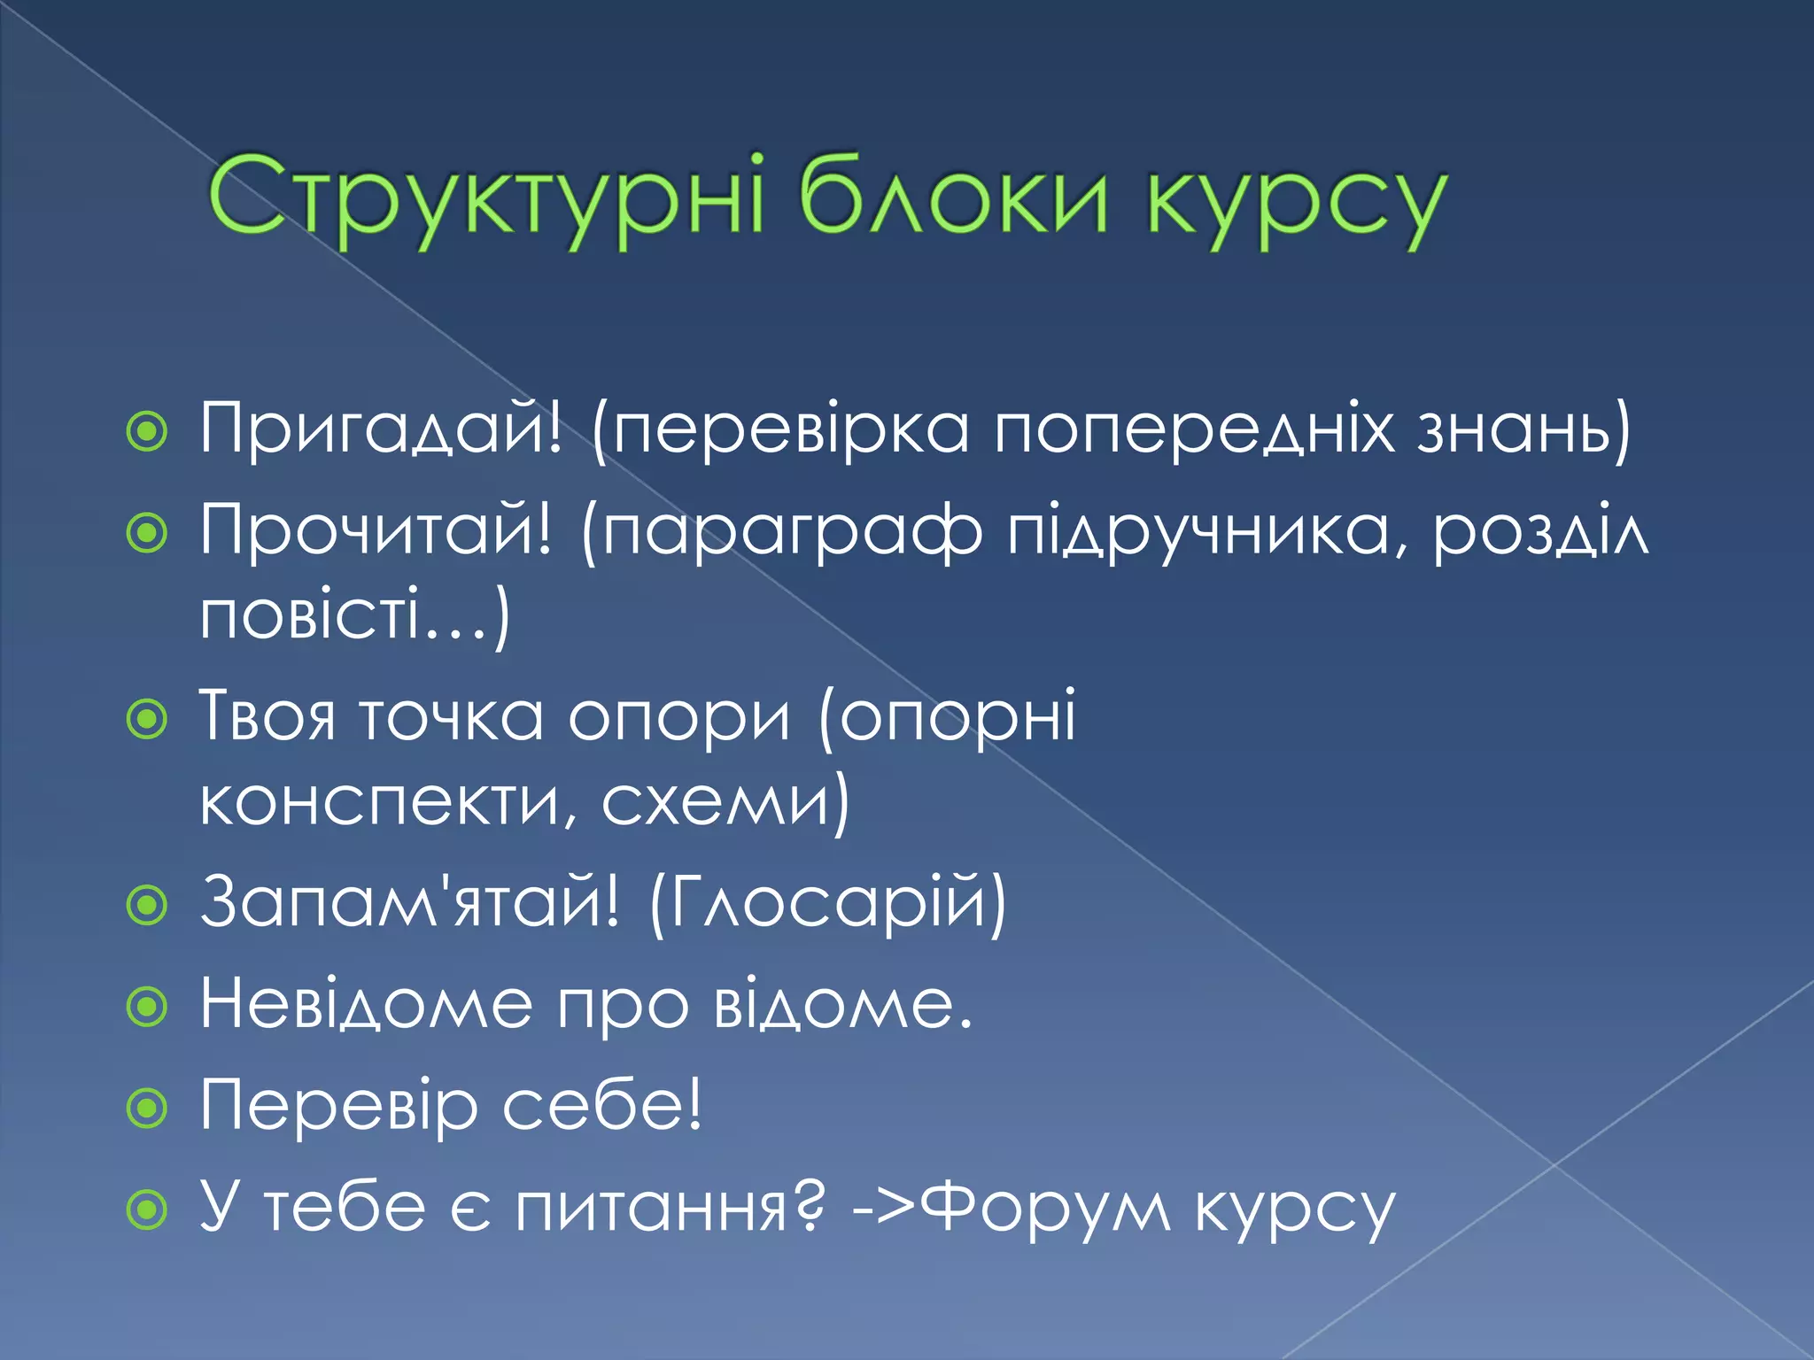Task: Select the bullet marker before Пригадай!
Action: click(147, 432)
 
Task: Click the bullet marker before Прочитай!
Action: click(147, 533)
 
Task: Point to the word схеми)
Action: click(725, 802)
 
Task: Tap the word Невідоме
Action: click(366, 1004)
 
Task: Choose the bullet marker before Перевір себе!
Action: click(147, 1108)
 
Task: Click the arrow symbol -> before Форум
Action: click(884, 1209)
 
